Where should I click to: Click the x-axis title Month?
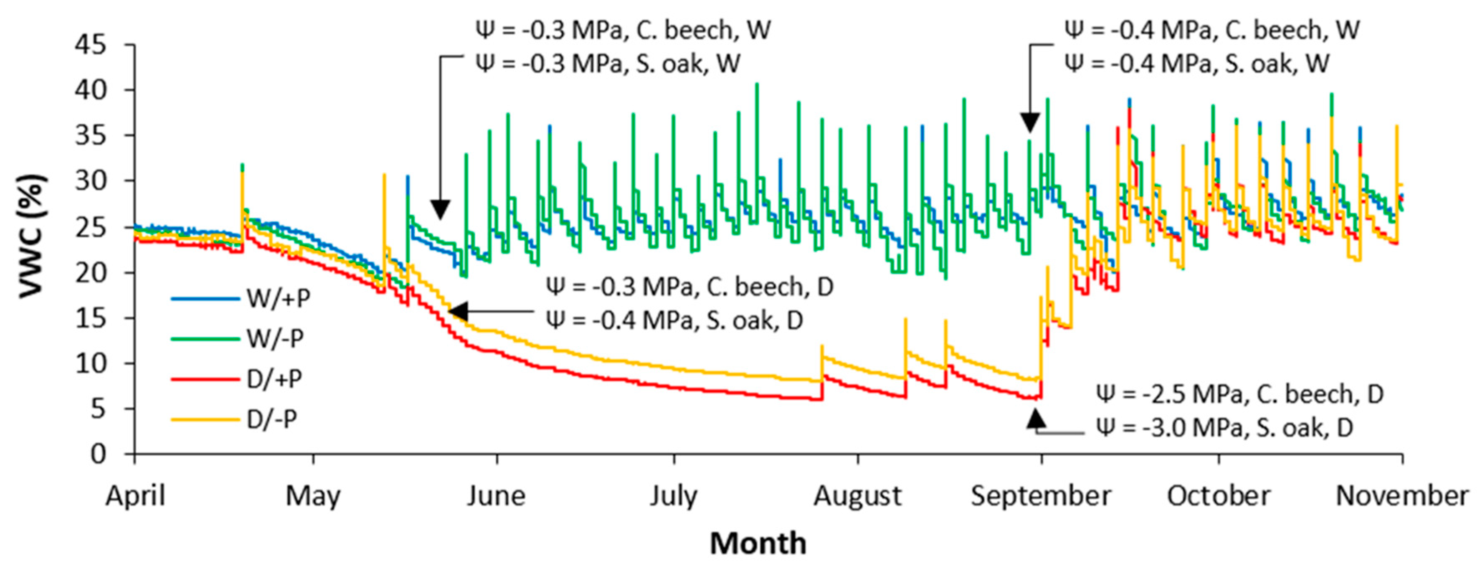pos(758,543)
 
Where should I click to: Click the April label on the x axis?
pos(136,495)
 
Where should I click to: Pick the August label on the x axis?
pos(857,495)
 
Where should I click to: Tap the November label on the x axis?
pos(1402,495)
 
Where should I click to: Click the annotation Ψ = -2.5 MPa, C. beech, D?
pos(1239,394)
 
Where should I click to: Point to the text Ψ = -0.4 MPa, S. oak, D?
pos(674,320)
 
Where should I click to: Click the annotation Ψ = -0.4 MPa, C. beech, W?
pos(1212,30)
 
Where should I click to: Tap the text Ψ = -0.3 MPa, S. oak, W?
pos(608,63)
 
